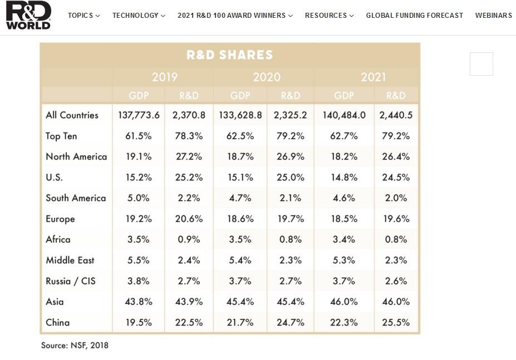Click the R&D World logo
coord(28,15)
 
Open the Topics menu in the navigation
coord(83,16)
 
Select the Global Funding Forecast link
coord(414,16)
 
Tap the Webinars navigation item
coord(493,16)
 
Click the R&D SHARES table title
coord(229,55)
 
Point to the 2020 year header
coord(267,77)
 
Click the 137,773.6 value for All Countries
coord(139,115)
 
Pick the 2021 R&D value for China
coord(396,322)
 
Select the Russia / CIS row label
coord(71,281)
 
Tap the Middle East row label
coord(70,260)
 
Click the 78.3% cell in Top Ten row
coord(189,136)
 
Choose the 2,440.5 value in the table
coord(396,115)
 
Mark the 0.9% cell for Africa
coord(189,239)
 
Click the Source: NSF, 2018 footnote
coord(75,346)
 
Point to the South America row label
coord(76,198)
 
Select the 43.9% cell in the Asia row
coord(189,302)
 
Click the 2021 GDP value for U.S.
coord(343,177)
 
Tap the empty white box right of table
coord(481,64)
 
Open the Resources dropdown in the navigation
coord(329,16)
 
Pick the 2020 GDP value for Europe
coord(240,219)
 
